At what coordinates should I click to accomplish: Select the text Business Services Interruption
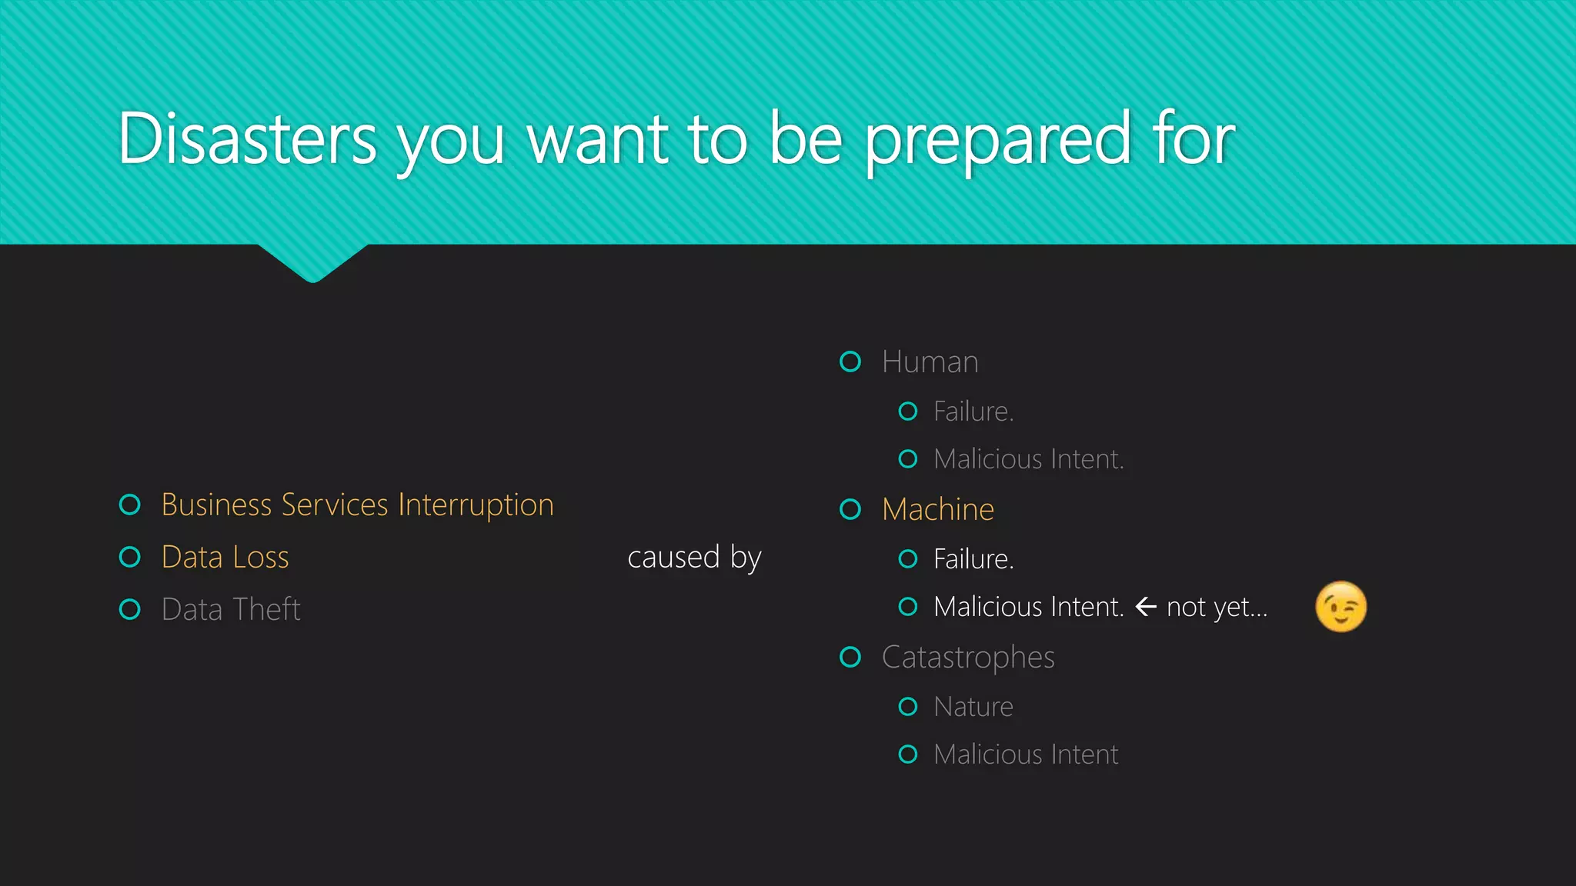tap(357, 505)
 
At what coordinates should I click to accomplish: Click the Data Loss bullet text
tap(225, 558)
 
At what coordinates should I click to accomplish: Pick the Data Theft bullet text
tap(230, 610)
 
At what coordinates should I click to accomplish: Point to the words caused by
tap(693, 558)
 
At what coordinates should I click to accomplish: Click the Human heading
tap(930, 362)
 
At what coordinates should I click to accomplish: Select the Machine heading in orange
tap(937, 510)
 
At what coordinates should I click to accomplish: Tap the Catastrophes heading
tap(967, 658)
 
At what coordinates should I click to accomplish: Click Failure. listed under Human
tap(973, 411)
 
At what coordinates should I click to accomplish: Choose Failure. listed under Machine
tap(973, 559)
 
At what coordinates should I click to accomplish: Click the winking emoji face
tap(1341, 607)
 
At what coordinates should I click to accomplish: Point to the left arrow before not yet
tap(1146, 607)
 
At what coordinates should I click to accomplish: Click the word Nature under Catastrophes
tap(973, 707)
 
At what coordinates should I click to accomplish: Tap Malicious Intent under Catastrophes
tap(1025, 754)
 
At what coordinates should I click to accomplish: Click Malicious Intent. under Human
tap(1028, 459)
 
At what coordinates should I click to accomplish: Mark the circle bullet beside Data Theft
tap(130, 610)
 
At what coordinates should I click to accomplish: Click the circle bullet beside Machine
tap(850, 509)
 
